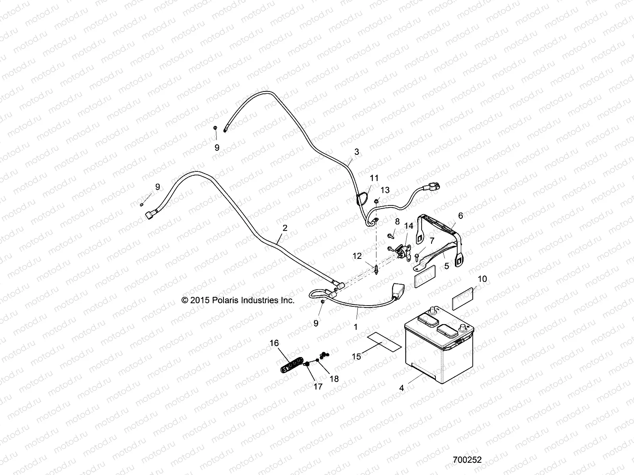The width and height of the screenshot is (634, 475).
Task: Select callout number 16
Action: [x=275, y=343]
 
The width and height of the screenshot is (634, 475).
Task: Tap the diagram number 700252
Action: [x=467, y=460]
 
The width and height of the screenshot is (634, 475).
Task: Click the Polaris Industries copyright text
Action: [x=238, y=300]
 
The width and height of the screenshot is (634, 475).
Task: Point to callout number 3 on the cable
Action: [x=357, y=152]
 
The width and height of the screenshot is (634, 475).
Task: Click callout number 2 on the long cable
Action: [x=285, y=228]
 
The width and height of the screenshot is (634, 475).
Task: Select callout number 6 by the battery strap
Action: [x=460, y=216]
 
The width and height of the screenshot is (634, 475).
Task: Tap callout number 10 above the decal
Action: [x=482, y=279]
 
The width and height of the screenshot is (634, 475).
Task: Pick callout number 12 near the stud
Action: [x=357, y=256]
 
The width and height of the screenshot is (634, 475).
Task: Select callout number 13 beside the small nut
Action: [x=385, y=190]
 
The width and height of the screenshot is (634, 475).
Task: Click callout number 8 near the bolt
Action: [x=397, y=222]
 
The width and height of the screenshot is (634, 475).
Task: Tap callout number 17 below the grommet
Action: [x=318, y=387]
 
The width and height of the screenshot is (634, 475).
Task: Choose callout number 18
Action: [x=334, y=379]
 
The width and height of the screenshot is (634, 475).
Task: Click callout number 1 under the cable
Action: [x=355, y=327]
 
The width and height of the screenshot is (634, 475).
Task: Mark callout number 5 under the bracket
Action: [x=447, y=266]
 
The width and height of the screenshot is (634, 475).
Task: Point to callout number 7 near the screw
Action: [x=432, y=241]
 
